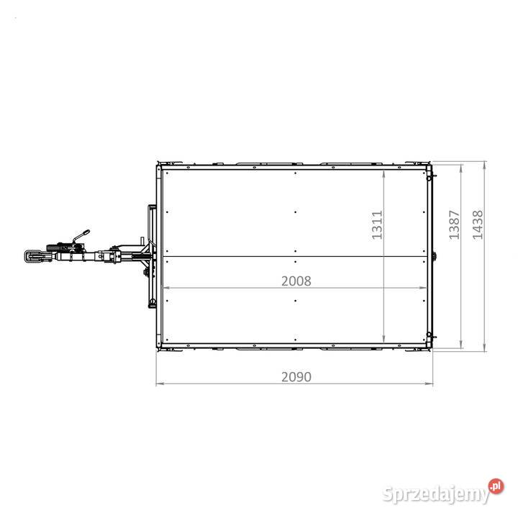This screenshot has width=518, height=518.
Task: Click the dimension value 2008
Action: (296, 281)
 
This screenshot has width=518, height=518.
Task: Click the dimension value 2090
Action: (296, 377)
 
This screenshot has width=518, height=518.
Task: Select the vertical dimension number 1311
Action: (377, 224)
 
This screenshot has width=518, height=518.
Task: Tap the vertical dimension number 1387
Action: (454, 224)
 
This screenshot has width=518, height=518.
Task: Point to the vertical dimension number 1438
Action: (478, 224)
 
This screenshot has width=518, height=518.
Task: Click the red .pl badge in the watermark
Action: (496, 486)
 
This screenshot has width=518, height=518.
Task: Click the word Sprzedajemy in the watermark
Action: (436, 494)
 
